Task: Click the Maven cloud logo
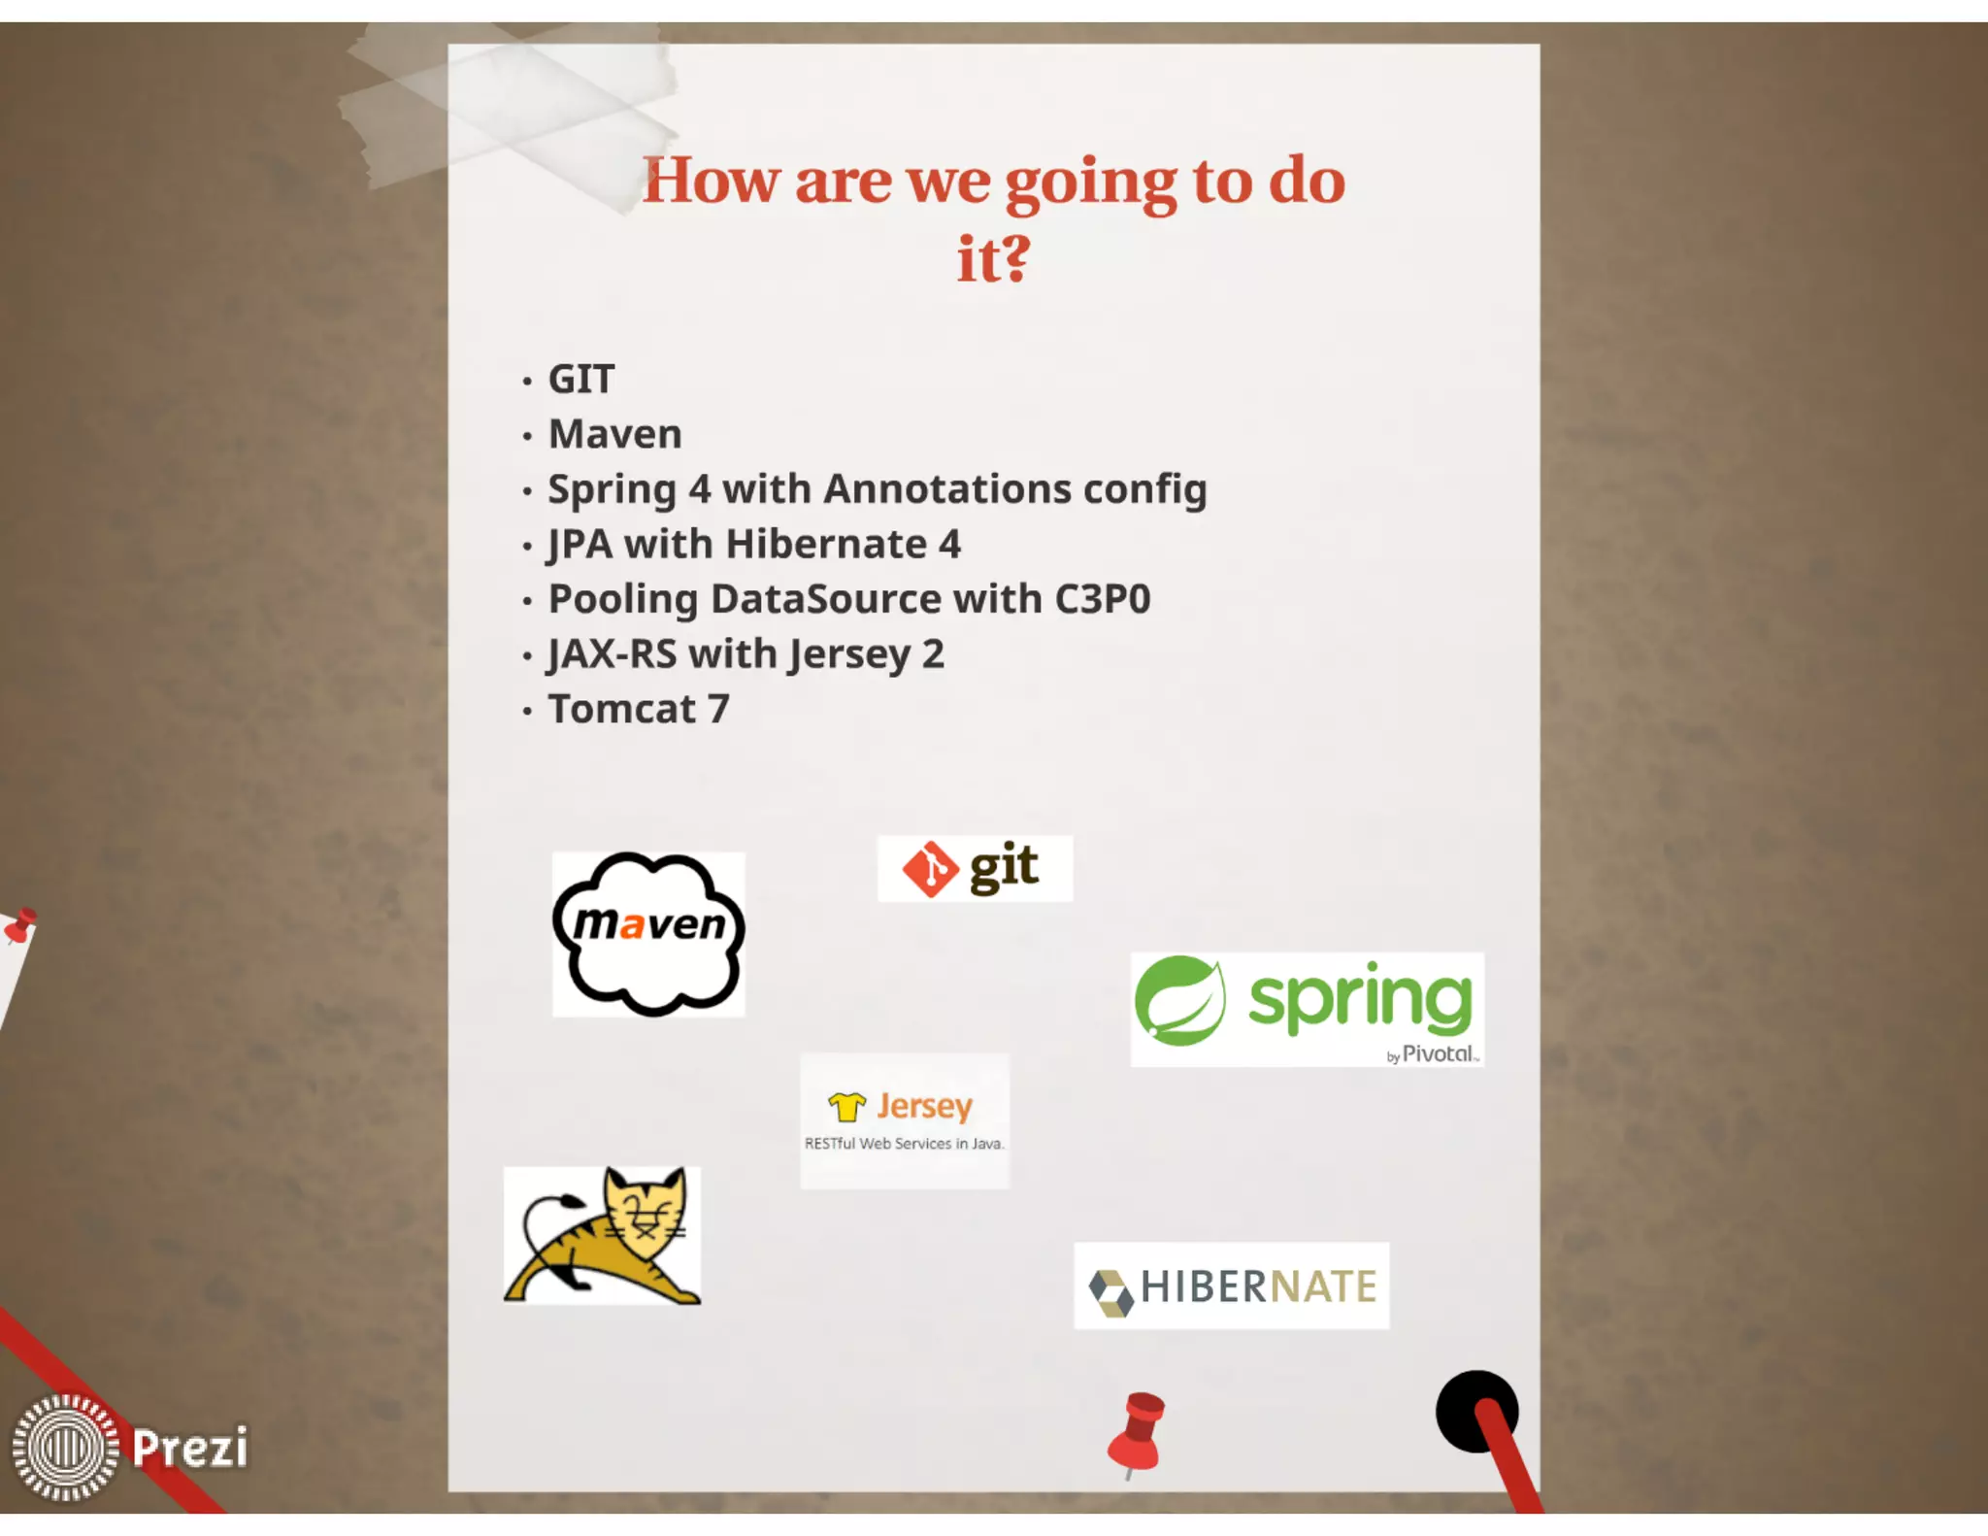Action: point(648,934)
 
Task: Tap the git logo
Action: point(974,868)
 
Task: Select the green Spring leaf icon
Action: point(1179,1000)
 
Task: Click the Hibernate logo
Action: point(1231,1286)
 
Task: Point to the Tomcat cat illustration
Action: point(603,1235)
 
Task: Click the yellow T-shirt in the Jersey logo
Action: point(846,1106)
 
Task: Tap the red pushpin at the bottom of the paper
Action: point(1137,1433)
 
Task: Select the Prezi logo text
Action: point(190,1448)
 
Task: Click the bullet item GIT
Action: point(581,379)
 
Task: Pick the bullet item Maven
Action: point(615,434)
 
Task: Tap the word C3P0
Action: point(1102,599)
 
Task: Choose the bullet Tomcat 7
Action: point(639,709)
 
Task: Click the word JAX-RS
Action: point(612,654)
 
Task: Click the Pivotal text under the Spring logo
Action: point(1439,1053)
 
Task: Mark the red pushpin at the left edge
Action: point(19,924)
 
